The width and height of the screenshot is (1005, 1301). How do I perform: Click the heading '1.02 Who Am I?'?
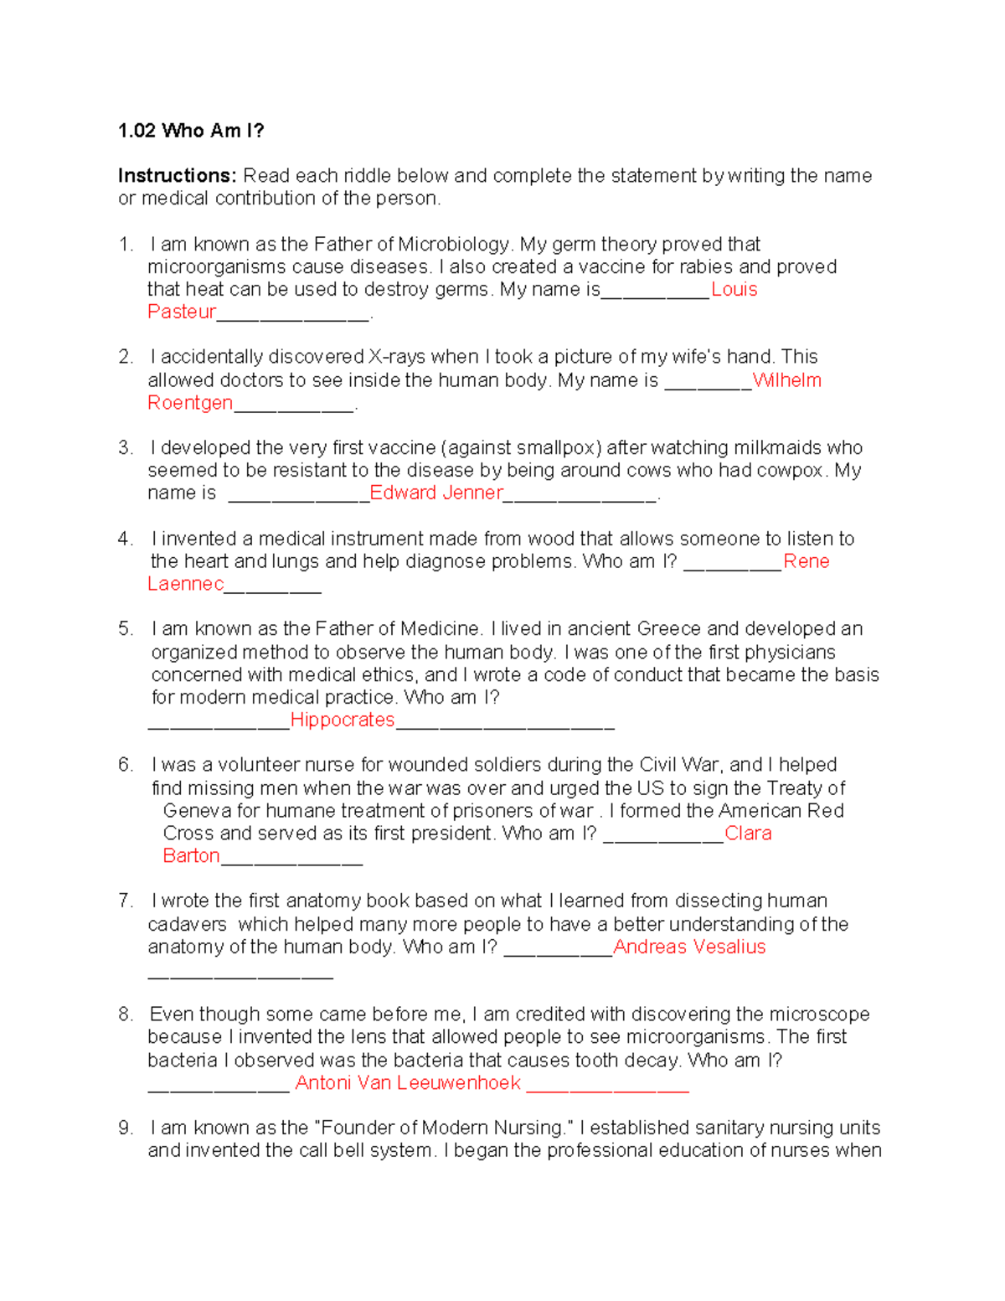pos(191,131)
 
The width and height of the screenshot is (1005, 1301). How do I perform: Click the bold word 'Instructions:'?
pos(178,176)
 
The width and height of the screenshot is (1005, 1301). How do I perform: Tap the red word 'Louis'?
pos(734,290)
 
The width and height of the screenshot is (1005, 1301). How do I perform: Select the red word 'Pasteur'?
pos(182,312)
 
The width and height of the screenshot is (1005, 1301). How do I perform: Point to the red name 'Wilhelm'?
pos(787,380)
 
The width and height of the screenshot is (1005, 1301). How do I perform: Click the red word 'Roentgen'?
pos(190,403)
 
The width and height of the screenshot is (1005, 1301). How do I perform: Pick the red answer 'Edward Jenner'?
pos(436,493)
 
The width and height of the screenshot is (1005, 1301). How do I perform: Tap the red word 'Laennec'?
pos(186,584)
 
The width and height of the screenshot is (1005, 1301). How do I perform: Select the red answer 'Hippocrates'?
pos(343,720)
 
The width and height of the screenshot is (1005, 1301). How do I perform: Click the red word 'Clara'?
pos(748,834)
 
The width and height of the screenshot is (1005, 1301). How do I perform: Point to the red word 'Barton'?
pos(192,856)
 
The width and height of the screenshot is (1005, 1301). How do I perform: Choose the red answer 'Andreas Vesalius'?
pos(689,947)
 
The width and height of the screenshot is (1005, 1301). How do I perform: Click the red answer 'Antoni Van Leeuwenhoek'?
pos(408,1083)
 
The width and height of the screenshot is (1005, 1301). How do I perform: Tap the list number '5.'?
pos(126,629)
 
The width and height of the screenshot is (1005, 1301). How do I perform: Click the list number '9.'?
pos(126,1128)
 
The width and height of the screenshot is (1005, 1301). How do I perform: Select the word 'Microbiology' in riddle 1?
pos(453,245)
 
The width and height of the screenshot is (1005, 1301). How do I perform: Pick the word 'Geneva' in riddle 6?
pos(198,811)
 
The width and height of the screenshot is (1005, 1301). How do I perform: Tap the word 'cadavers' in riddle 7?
pos(187,925)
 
